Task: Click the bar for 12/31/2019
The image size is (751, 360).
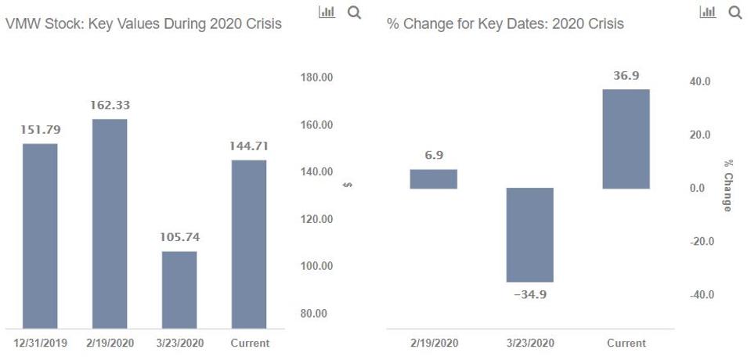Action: tap(40, 236)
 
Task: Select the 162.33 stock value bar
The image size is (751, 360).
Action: tap(110, 223)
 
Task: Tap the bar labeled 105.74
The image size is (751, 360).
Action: tap(179, 290)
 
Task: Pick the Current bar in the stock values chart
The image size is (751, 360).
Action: tap(249, 243)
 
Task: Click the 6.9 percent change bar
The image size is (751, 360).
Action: tap(434, 179)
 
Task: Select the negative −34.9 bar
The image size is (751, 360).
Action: tap(530, 235)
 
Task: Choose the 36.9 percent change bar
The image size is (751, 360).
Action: tap(626, 139)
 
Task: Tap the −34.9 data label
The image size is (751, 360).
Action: tap(530, 295)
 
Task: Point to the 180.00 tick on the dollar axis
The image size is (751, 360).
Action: tap(316, 77)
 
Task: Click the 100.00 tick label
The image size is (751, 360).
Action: tap(316, 266)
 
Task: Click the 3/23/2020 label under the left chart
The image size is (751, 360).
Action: tap(179, 343)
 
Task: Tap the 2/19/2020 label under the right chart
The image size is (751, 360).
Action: tap(434, 343)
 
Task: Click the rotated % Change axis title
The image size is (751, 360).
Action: tap(728, 185)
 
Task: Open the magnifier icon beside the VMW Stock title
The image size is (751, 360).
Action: tap(354, 13)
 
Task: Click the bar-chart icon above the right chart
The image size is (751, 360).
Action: tap(708, 13)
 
